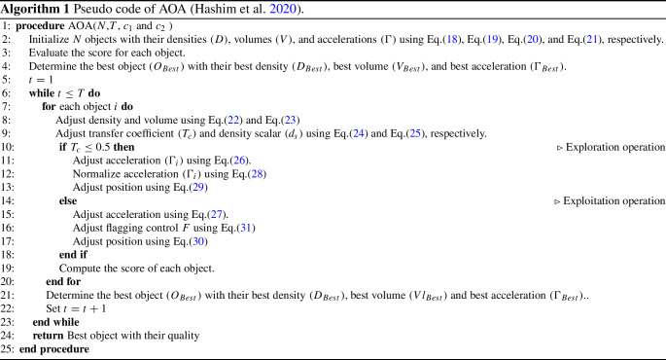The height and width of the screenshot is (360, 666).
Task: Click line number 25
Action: point(8,348)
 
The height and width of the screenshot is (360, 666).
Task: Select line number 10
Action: point(8,146)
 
